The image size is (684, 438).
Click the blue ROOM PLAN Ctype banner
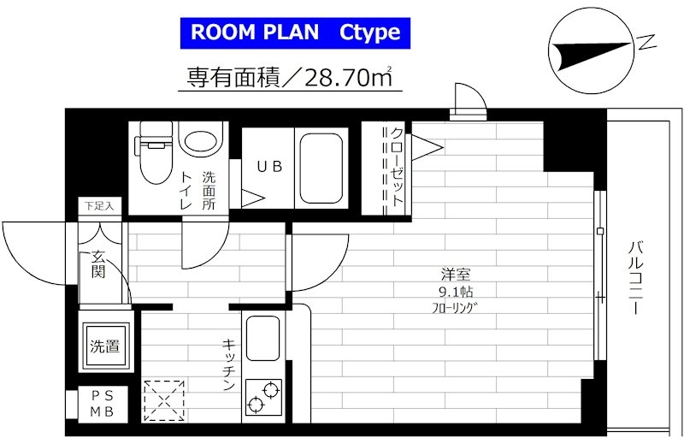coord(295,33)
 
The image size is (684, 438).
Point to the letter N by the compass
coord(647,42)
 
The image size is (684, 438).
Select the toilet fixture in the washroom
coord(154,151)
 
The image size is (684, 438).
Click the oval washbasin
coord(201,139)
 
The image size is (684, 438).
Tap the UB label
coord(269,166)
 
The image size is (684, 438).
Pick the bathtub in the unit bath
coord(321,169)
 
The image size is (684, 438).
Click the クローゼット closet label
coord(397,166)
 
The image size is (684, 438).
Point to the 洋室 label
coord(456,275)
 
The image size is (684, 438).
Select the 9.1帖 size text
coord(457,291)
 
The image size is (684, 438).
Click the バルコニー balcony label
coord(635,278)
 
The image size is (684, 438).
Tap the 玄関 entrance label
coord(98,265)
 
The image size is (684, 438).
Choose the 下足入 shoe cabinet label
coord(98,206)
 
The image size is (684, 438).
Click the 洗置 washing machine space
coord(104,346)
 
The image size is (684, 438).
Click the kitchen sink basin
coord(263,338)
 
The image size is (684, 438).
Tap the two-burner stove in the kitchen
coord(263,397)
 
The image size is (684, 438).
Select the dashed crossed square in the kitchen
coord(164,400)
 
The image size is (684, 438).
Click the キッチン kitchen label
coord(229,364)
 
